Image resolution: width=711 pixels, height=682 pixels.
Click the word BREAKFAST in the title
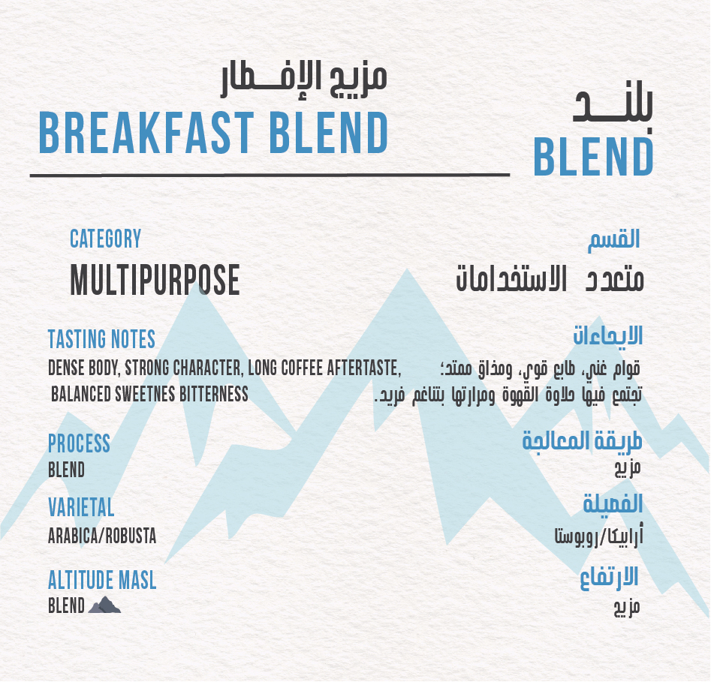146,133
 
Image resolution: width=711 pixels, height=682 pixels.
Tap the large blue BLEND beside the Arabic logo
594,157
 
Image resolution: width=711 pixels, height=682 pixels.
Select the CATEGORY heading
106,239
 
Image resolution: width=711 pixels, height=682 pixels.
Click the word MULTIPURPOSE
155,280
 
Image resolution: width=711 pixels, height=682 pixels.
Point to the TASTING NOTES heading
101,339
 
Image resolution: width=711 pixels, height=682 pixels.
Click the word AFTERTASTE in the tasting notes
363,368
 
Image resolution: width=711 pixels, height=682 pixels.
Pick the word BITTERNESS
213,394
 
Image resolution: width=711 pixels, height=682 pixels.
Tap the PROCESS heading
80,443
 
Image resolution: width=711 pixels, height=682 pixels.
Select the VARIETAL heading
81,507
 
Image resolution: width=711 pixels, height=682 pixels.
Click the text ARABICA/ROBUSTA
102,536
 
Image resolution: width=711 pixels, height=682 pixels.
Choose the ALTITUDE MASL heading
102,580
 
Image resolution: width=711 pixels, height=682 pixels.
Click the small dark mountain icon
104,605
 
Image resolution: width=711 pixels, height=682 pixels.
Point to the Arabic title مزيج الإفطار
304,81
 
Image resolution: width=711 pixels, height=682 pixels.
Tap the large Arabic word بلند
613,105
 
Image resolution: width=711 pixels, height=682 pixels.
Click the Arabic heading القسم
614,240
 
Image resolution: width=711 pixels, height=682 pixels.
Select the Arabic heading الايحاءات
607,336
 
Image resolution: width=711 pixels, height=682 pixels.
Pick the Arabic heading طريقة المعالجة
582,440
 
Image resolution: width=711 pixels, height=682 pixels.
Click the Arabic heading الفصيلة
613,503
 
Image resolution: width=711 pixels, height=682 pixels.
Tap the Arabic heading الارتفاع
609,578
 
